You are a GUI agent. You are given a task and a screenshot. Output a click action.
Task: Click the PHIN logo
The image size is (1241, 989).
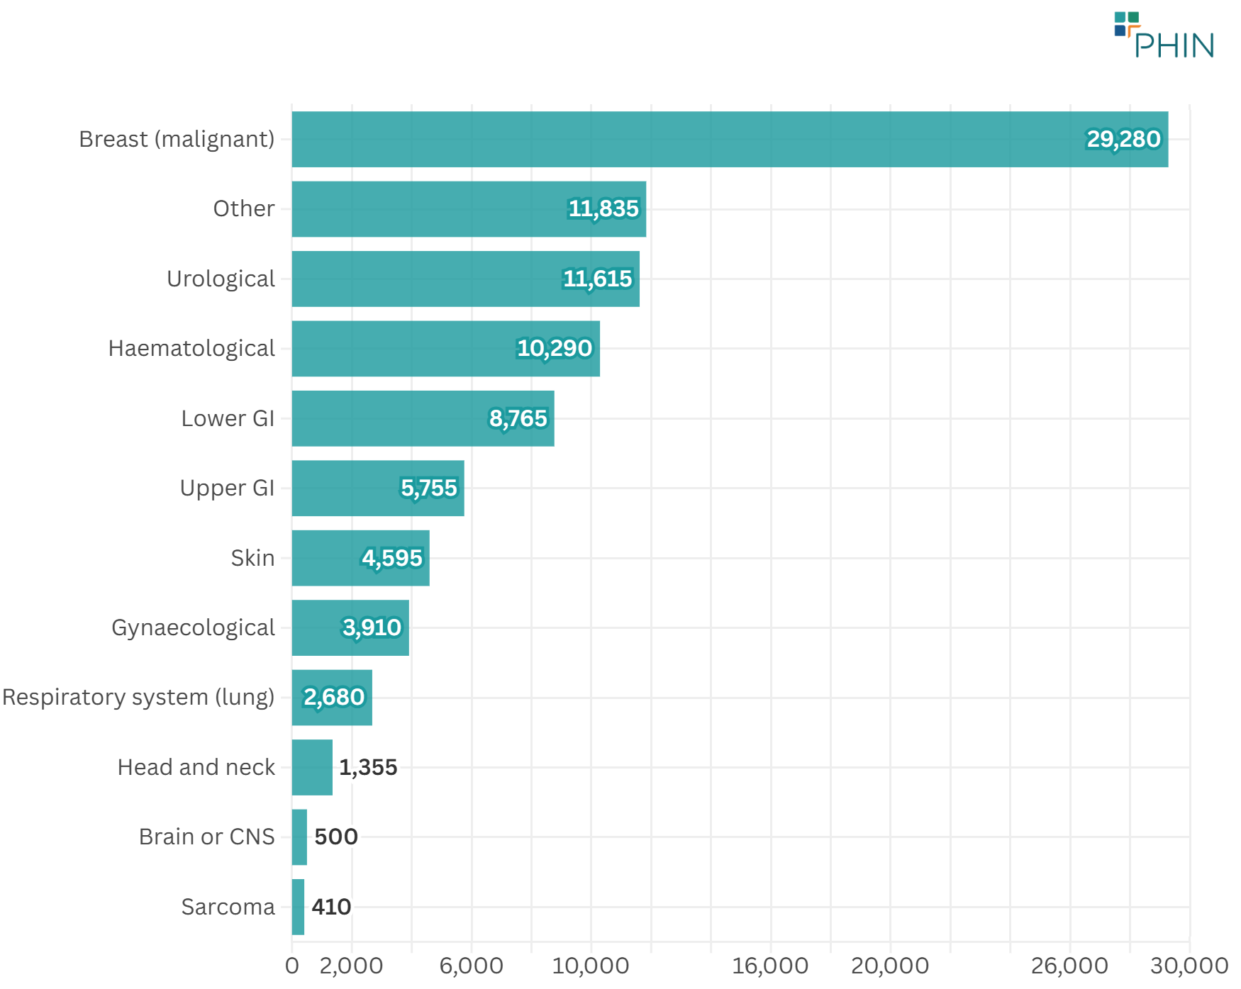[1164, 35]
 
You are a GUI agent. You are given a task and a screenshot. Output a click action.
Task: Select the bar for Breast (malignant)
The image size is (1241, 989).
[730, 140]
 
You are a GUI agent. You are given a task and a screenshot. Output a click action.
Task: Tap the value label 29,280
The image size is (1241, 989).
[1123, 140]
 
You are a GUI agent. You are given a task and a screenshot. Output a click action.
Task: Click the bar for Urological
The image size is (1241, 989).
[465, 279]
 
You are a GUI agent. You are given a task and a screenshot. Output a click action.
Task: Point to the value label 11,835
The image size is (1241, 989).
[603, 209]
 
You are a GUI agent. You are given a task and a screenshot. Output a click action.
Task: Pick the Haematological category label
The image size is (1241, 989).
[191, 349]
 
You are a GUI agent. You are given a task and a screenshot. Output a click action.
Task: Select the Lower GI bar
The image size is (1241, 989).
[423, 419]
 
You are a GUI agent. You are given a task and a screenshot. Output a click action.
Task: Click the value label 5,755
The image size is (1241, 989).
[429, 488]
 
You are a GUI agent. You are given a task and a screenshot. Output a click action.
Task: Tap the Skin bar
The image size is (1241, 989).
[360, 559]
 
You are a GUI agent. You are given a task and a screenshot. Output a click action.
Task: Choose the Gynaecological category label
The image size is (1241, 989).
[193, 628]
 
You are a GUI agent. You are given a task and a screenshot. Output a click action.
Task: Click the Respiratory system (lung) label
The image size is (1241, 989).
[138, 698]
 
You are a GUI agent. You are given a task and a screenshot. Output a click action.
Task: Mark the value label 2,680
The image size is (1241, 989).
[334, 698]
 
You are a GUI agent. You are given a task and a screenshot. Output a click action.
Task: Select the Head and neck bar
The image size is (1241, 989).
[312, 768]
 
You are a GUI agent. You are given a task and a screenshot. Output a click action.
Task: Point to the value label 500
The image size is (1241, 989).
[336, 837]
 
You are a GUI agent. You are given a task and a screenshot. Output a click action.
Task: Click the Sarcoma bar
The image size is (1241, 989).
[298, 907]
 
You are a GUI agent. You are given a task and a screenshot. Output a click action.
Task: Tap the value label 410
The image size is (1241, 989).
[331, 907]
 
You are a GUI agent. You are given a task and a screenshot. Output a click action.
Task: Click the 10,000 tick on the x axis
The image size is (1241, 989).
[591, 966]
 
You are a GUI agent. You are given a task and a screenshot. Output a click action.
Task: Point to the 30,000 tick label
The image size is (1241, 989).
[1189, 966]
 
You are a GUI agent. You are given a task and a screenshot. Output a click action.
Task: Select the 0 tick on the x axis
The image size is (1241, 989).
[291, 966]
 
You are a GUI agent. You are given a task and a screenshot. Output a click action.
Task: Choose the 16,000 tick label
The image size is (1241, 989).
[770, 966]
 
